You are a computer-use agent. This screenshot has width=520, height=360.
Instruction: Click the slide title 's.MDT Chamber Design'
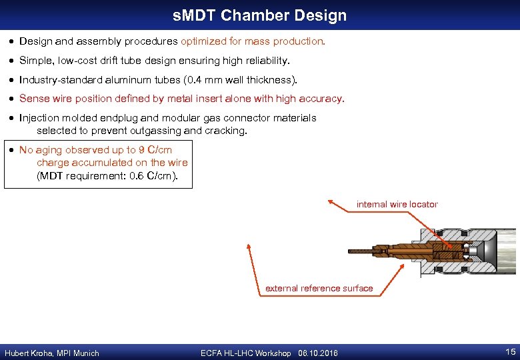coord(259,15)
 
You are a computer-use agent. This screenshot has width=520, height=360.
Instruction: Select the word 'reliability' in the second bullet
coord(267,61)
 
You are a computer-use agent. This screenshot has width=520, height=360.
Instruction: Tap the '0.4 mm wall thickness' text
coord(239,80)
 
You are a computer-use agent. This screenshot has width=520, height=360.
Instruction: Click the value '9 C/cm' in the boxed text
coord(156,150)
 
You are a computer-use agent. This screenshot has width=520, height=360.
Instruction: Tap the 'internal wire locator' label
coord(397,204)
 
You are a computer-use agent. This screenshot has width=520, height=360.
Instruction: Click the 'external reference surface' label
coord(319,288)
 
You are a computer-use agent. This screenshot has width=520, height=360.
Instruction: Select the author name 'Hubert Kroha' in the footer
coord(27,353)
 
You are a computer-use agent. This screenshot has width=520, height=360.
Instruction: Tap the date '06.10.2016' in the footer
coord(318,353)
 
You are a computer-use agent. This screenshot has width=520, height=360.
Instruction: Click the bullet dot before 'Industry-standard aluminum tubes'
coord(11,80)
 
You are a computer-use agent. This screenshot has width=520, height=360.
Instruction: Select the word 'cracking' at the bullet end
coord(226,131)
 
